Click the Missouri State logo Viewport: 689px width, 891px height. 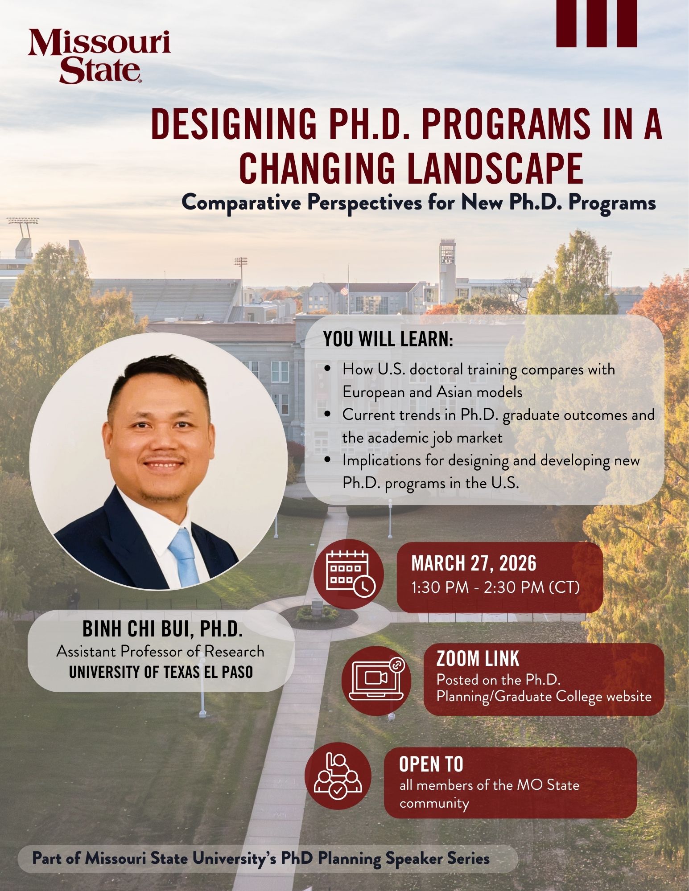(99, 57)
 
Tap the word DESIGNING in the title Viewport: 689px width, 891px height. (235, 126)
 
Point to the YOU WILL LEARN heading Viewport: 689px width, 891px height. (388, 340)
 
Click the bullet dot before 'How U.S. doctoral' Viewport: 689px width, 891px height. (328, 370)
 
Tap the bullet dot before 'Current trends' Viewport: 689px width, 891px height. (328, 415)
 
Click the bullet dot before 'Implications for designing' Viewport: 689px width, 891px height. (328, 460)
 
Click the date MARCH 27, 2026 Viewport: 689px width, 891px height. (474, 564)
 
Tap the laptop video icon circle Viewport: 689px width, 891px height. (377, 680)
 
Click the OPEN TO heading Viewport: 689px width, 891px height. (431, 764)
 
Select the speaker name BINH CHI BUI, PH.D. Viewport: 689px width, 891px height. (162, 629)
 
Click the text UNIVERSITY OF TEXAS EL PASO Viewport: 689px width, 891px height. (161, 672)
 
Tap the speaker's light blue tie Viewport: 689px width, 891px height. (184, 557)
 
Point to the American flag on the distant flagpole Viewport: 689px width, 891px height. (343, 290)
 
